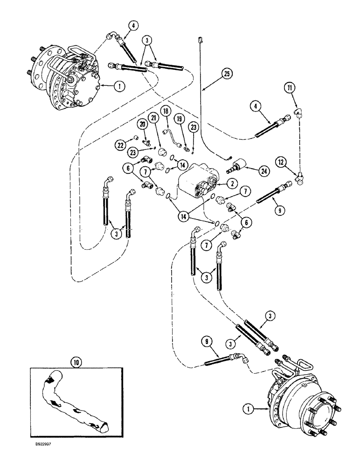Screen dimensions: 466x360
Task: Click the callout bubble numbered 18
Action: (166, 111)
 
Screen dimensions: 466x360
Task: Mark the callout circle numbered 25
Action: (228, 74)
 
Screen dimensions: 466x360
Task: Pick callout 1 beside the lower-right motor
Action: (250, 410)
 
